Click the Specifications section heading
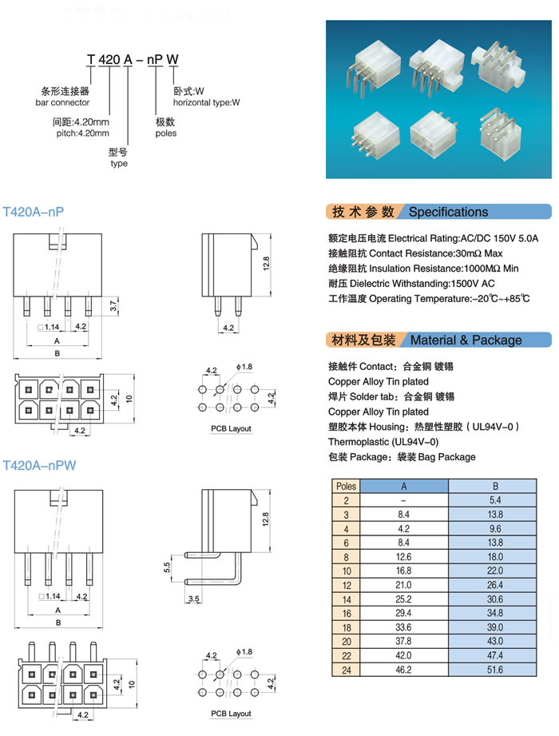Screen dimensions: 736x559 pos(448,212)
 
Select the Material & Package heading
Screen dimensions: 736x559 pos(466,340)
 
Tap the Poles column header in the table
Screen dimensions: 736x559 pos(346,486)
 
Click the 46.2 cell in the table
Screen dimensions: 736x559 pos(403,670)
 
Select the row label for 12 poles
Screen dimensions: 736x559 pos(346,585)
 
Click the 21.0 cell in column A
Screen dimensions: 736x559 pos(403,585)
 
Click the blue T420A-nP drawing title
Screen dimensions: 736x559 pos(34,212)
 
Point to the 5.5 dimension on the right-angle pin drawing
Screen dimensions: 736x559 pos(168,567)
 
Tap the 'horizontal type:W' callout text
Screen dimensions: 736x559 pos(207,102)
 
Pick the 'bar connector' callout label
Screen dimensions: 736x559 pos(62,102)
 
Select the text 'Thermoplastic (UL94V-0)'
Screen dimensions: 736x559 pos(383,442)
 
